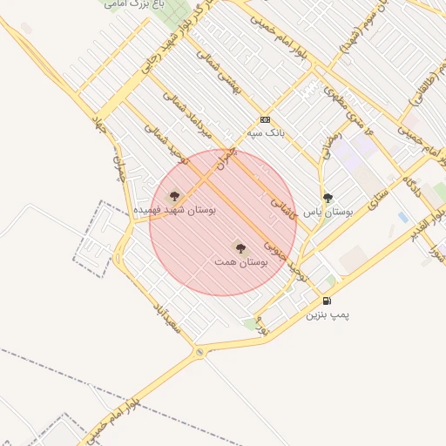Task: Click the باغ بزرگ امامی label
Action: click(x=135, y=4)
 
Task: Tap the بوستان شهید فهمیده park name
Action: click(x=175, y=211)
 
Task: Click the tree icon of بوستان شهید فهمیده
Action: click(x=174, y=196)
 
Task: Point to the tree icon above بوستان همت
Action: click(x=240, y=248)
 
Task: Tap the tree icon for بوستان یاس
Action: click(x=328, y=198)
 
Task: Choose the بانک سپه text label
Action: click(x=267, y=132)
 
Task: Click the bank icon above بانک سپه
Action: click(x=265, y=120)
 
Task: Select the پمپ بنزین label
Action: click(x=327, y=314)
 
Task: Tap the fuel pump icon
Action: click(x=327, y=301)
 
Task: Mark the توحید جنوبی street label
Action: click(x=277, y=243)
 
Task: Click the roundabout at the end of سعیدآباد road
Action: click(x=200, y=352)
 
